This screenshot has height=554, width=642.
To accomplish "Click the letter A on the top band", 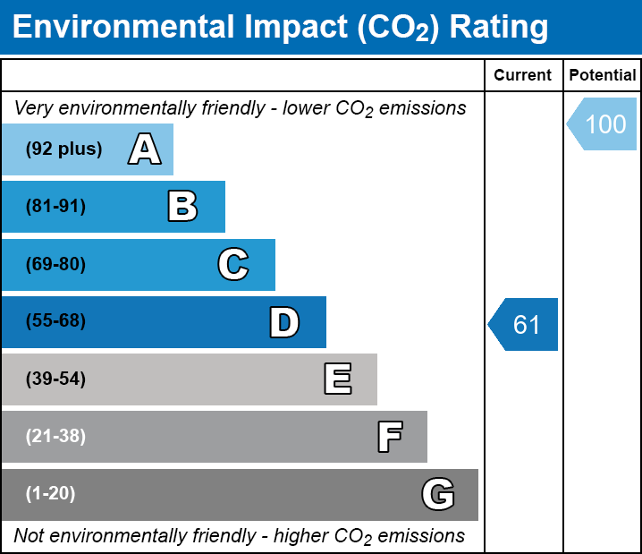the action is [x=145, y=149].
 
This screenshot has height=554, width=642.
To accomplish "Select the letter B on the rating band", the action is [x=182, y=207].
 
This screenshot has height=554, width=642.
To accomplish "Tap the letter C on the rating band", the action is [x=233, y=264].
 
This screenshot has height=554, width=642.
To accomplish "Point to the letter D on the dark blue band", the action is [x=284, y=322].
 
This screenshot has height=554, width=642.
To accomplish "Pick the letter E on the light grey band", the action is [x=338, y=379].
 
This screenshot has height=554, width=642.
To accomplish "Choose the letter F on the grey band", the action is [x=390, y=437].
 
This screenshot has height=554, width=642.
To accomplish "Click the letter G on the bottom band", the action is [x=438, y=494].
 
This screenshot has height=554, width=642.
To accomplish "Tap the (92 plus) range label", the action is [x=63, y=149].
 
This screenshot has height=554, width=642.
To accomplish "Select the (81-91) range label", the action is [x=55, y=206].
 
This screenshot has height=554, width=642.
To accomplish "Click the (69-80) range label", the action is [x=55, y=264].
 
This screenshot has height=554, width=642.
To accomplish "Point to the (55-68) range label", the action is [x=55, y=320].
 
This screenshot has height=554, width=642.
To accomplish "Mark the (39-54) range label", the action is [x=55, y=379].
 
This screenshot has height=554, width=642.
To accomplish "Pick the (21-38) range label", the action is [x=55, y=437].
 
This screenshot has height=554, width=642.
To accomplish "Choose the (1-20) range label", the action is [x=50, y=494].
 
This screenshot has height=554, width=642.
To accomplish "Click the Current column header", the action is [x=522, y=75].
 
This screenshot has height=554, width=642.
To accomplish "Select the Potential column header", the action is [x=603, y=75].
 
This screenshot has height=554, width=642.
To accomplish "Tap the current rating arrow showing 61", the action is [x=523, y=324].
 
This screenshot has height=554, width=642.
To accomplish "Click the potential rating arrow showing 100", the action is [x=602, y=124].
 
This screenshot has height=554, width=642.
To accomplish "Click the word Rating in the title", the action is [x=499, y=28].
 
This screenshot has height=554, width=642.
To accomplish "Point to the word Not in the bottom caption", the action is [x=29, y=535].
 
